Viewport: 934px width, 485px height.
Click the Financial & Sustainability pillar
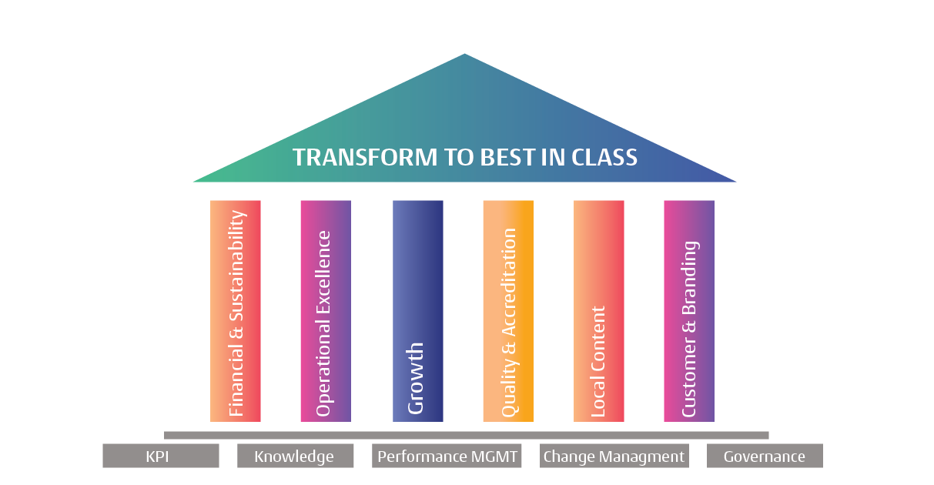[235, 311]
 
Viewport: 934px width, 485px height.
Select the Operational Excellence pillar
[326, 311]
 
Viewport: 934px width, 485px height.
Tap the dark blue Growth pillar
[418, 311]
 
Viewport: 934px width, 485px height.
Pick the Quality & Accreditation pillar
[508, 311]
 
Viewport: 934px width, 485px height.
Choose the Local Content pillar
[599, 311]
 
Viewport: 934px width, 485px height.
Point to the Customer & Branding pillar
[689, 311]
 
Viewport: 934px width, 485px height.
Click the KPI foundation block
[161, 456]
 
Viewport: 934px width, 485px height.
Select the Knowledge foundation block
[295, 456]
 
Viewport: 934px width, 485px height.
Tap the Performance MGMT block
[447, 456]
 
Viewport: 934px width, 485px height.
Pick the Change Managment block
[614, 456]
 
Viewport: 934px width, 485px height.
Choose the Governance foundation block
[765, 456]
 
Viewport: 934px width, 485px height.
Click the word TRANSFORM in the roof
[365, 158]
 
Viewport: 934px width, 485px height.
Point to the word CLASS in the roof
[604, 158]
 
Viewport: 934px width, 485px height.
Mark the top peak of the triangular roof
[464, 54]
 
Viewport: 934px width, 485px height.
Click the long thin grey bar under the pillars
[466, 436]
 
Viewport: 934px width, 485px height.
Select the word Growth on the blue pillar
[416, 378]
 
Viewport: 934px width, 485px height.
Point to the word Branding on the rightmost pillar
[690, 278]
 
